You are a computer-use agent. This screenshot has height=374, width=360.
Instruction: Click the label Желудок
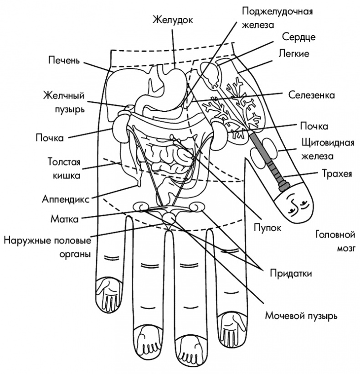[x=173, y=20]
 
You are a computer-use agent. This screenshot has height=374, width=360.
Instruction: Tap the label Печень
[x=64, y=60]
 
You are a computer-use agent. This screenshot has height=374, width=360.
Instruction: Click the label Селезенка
[x=312, y=95]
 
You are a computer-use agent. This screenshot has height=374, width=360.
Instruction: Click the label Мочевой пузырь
[x=301, y=315]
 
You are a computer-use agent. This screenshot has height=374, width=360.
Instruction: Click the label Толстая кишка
[x=64, y=168]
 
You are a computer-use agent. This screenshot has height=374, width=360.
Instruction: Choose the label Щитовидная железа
[x=321, y=149]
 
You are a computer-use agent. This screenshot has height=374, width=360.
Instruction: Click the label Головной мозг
[x=335, y=242]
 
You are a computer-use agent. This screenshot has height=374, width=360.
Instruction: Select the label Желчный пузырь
[x=64, y=103]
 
